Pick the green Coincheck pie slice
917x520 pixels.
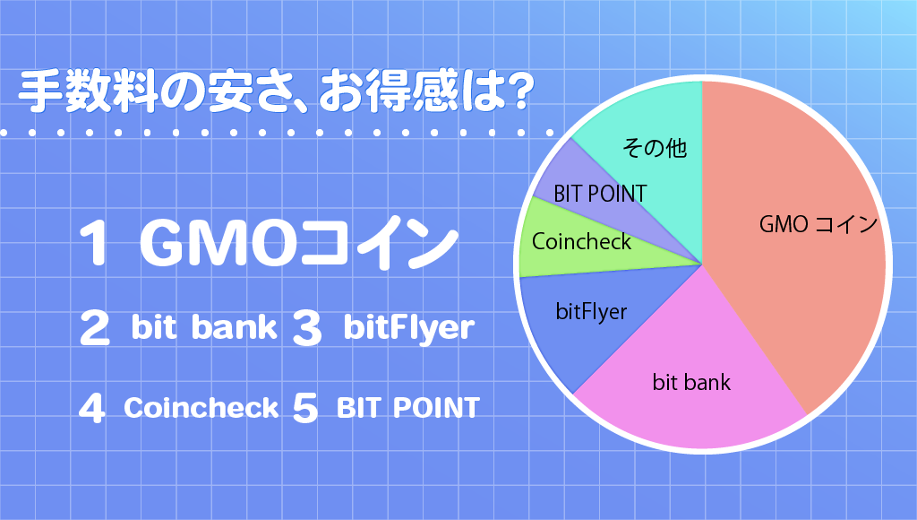[x=579, y=243]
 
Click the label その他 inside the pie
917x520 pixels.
[x=655, y=148]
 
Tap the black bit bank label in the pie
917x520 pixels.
[x=691, y=383]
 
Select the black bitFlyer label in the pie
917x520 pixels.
[x=591, y=311]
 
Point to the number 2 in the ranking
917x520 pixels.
[x=94, y=327]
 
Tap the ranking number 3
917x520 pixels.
[x=307, y=328]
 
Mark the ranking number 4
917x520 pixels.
[x=92, y=408]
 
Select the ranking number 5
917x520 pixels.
[x=304, y=408]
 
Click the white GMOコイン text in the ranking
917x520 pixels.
[x=298, y=242]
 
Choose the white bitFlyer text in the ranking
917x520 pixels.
[x=408, y=328]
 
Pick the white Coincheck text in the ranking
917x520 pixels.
[x=201, y=408]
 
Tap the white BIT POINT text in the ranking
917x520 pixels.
[x=408, y=408]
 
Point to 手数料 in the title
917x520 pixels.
[x=88, y=92]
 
